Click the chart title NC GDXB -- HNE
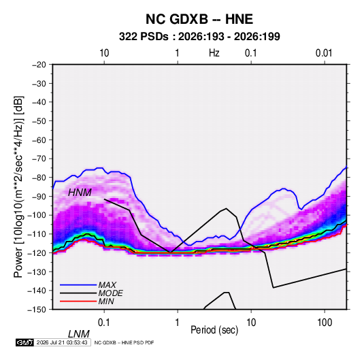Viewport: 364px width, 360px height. [199, 19]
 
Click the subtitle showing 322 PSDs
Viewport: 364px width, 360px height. [199, 37]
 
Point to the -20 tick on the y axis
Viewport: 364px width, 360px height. [39, 65]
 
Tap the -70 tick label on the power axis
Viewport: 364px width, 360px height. [39, 159]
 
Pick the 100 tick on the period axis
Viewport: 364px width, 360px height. [325, 322]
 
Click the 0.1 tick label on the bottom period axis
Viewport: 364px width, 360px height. [104, 322]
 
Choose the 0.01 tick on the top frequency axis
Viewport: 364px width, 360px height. [324, 53]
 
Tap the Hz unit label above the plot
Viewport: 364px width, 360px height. [214, 53]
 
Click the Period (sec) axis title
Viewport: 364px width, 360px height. [214, 330]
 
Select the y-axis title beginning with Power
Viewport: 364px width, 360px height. [18, 187]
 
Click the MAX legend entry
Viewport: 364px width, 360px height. [107, 284]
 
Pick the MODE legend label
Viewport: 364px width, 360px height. [110, 293]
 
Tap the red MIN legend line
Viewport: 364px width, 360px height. [78, 301]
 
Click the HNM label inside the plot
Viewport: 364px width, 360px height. [80, 193]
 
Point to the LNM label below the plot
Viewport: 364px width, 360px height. [78, 334]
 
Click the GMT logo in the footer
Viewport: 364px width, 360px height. [25, 342]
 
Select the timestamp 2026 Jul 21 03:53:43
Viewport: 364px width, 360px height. [62, 342]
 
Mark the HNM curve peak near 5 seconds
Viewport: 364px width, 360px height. [226, 208]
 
